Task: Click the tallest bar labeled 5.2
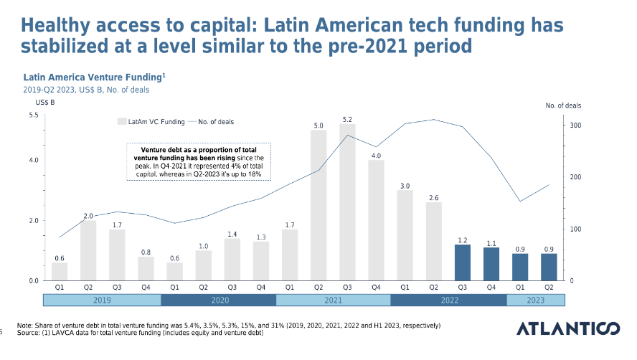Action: [x=347, y=202]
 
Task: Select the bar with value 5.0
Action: [x=318, y=204]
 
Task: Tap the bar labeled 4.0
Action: [x=376, y=219]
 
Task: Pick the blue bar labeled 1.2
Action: [x=462, y=262]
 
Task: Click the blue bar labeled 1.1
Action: [x=491, y=264]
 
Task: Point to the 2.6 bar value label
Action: [x=433, y=197]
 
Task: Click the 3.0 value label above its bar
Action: [x=405, y=186]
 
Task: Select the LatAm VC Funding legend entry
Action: [x=151, y=122]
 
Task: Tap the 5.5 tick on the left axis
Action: [x=33, y=115]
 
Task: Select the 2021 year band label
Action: [x=333, y=300]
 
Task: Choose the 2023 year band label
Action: [x=534, y=300]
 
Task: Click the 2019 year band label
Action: [x=103, y=300]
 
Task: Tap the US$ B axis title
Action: [x=35, y=105]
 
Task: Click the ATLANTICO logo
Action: [x=567, y=328]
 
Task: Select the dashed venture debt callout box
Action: [x=199, y=161]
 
